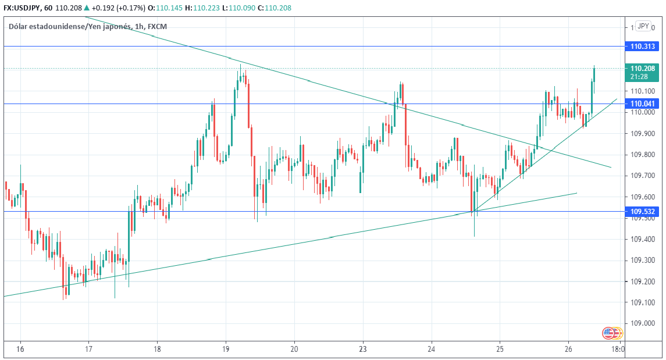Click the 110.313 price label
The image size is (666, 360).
point(642,47)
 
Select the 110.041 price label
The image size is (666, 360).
point(642,104)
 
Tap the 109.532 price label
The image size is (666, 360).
point(642,212)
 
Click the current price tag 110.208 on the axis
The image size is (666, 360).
point(642,68)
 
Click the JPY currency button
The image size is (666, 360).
point(643,26)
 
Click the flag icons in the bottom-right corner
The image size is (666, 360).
point(612,333)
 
